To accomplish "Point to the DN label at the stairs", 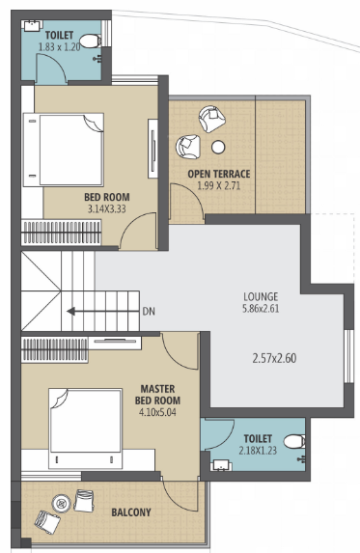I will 148,313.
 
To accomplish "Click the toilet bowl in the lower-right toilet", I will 294,443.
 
